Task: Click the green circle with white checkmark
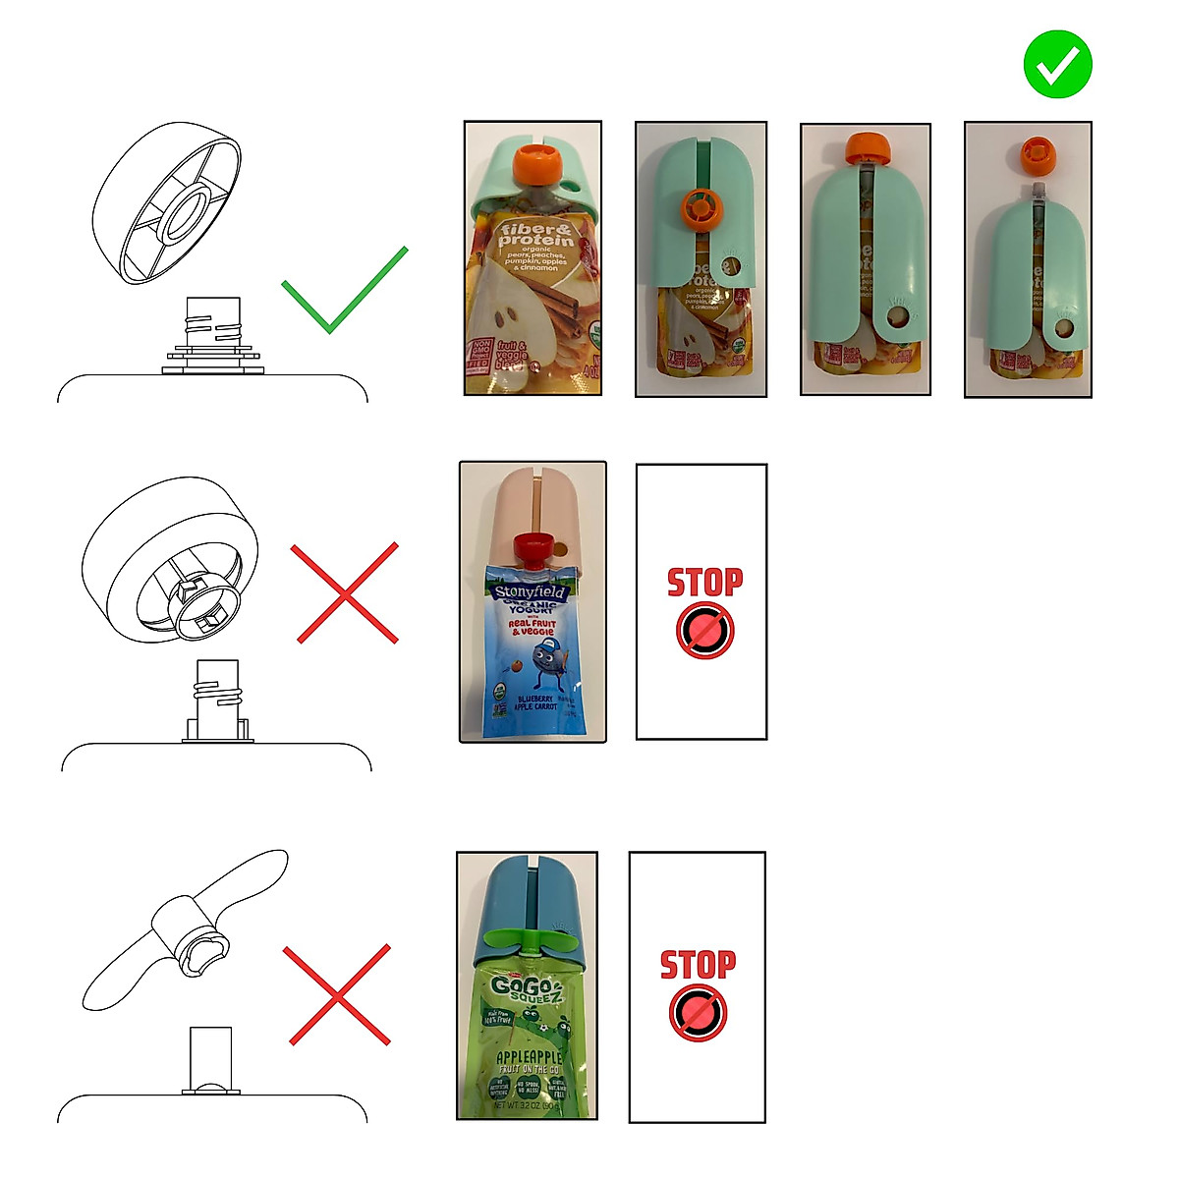click(1057, 64)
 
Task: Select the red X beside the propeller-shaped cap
click(338, 995)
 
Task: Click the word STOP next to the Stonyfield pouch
click(704, 583)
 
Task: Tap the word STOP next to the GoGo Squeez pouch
click(697, 965)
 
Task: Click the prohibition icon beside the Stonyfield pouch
click(704, 631)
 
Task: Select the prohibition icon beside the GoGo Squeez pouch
click(698, 1013)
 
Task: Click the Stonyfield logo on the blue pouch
click(531, 593)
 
